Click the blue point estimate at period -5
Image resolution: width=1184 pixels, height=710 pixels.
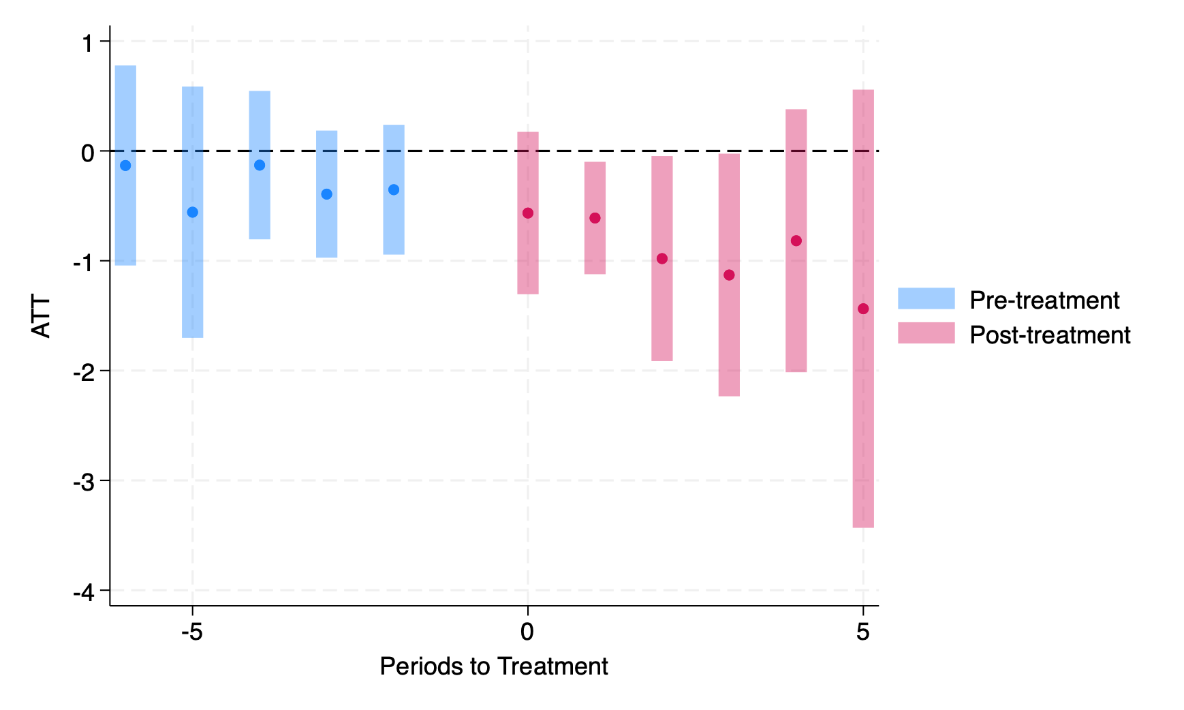pyautogui.click(x=192, y=212)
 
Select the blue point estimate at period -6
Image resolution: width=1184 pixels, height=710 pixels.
pyautogui.click(x=125, y=166)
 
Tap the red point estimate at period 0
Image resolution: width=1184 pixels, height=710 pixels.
pyautogui.click(x=528, y=213)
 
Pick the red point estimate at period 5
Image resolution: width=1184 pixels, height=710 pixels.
pyautogui.click(x=863, y=309)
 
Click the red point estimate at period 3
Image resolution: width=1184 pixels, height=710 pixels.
pyautogui.click(x=729, y=275)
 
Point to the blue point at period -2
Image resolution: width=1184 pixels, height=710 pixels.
pyautogui.click(x=394, y=189)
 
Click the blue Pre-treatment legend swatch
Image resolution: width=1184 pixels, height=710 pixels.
pyautogui.click(x=926, y=298)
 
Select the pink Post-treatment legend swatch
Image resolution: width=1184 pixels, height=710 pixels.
pyautogui.click(x=926, y=333)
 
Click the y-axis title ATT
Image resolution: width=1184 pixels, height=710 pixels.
pyautogui.click(x=42, y=316)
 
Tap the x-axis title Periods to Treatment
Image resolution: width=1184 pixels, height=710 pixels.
pyautogui.click(x=493, y=666)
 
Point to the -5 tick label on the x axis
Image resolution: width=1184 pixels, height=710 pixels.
pyautogui.click(x=192, y=632)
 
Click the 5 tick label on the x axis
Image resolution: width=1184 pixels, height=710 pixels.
pyautogui.click(x=863, y=632)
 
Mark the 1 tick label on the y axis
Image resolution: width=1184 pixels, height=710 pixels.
pyautogui.click(x=87, y=43)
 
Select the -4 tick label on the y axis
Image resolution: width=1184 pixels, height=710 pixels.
pyautogui.click(x=84, y=592)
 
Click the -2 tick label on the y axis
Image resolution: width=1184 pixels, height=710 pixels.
pyautogui.click(x=84, y=372)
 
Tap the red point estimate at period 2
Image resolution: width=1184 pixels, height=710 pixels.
pyautogui.click(x=662, y=259)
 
